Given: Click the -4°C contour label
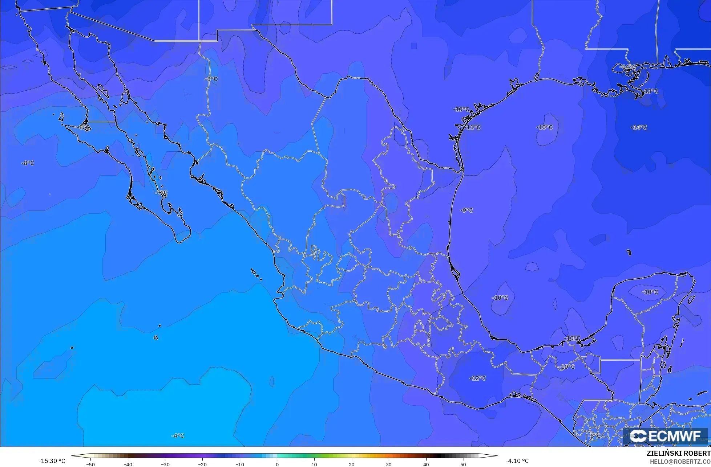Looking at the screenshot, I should tap(178, 436).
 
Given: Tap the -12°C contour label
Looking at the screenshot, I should tap(478, 378).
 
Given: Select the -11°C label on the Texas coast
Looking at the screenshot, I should tap(473, 127).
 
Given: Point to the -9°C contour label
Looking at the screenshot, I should tap(466, 210).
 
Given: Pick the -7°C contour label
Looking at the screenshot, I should tap(161, 193).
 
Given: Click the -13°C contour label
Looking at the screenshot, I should tap(651, 91).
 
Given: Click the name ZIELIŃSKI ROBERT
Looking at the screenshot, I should tap(678, 454).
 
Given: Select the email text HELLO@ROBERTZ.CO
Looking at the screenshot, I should tap(680, 462).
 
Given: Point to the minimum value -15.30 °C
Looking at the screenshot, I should tap(52, 461).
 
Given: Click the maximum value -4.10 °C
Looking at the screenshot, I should tap(517, 461).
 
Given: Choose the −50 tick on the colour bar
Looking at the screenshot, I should tap(90, 464).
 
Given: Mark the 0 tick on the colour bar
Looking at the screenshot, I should tap(277, 464).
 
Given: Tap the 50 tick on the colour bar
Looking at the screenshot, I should tap(463, 464).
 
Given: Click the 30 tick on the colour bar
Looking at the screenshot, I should tap(389, 464).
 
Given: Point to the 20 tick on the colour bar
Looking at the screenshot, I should tap(351, 464).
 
